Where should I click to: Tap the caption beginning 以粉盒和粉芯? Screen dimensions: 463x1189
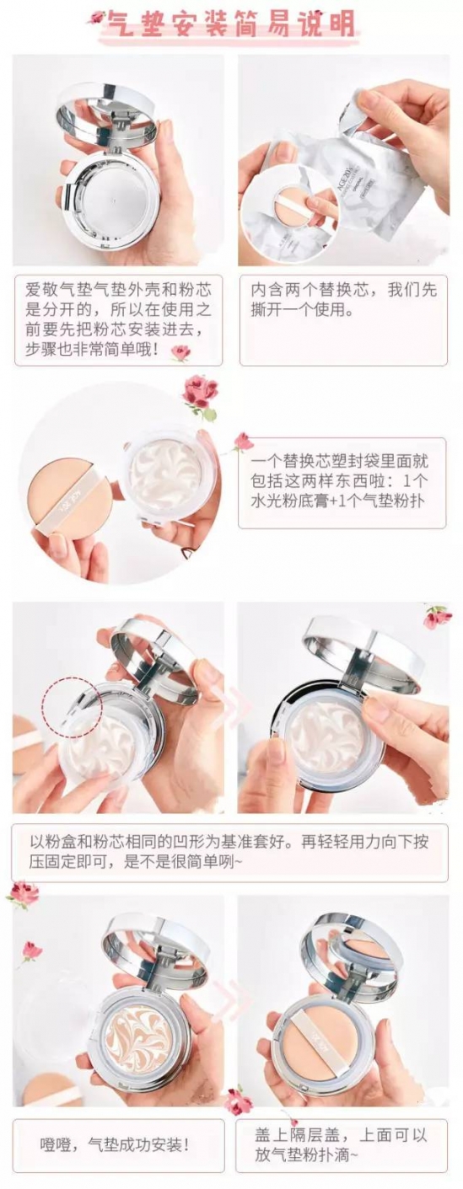point(229,851)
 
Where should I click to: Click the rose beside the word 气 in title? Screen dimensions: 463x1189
point(96,18)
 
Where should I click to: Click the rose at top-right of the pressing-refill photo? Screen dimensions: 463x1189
point(438,616)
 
